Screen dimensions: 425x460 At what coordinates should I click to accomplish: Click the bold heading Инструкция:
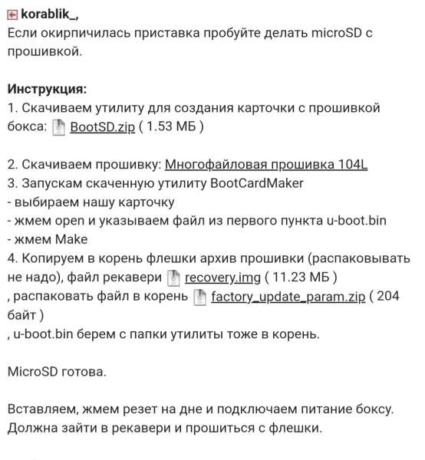click(47, 90)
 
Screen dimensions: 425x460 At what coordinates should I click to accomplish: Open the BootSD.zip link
click(103, 127)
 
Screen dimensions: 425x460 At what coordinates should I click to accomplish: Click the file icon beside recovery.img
click(174, 276)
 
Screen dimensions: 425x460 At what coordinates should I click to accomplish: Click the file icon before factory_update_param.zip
click(199, 296)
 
